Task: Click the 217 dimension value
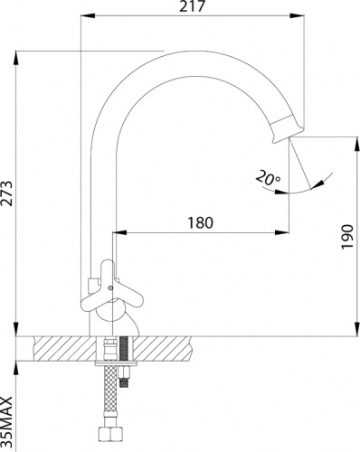(192, 6)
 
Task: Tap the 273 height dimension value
(6, 193)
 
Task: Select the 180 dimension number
(201, 222)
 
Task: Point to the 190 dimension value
(347, 237)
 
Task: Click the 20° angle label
(268, 178)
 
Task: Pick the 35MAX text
(6, 422)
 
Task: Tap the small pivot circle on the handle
(110, 288)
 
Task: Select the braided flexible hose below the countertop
(110, 391)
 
